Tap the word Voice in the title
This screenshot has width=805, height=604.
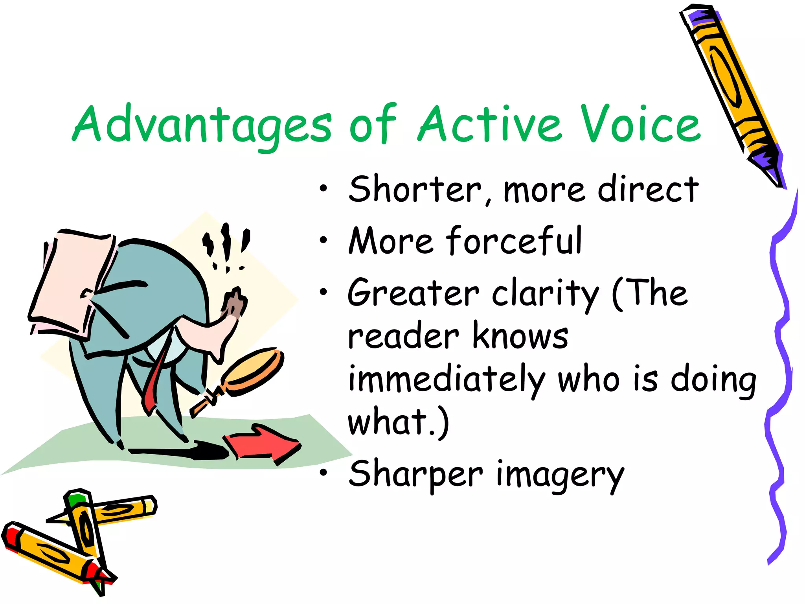click(x=641, y=124)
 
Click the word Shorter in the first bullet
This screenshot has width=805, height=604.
click(x=415, y=190)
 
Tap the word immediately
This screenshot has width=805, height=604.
click(x=446, y=379)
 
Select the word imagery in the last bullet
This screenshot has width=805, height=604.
click(x=560, y=475)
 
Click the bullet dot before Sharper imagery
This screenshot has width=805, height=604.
click(x=323, y=473)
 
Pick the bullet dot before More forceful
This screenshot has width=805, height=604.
click(x=323, y=240)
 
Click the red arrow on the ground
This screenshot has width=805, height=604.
click(x=263, y=444)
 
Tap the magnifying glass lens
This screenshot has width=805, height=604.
click(x=252, y=370)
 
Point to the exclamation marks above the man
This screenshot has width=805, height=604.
click(x=226, y=246)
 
